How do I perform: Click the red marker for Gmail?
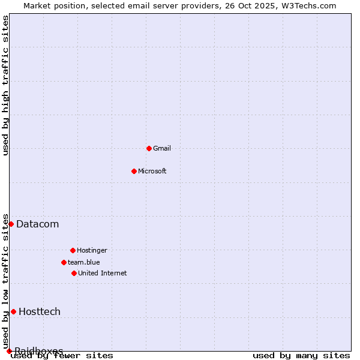pos(149,148)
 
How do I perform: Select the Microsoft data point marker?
pos(134,171)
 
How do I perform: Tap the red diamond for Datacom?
pos(11,224)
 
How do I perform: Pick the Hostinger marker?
pos(73,250)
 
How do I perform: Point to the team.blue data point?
pos(64,262)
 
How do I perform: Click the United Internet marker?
pos(74,273)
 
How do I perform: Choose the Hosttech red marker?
pos(13,311)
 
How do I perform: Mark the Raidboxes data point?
pos(9,351)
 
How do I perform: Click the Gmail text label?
pos(162,148)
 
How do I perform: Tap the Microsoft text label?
pos(152,171)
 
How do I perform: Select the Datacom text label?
pos(37,224)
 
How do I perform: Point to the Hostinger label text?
pos(92,250)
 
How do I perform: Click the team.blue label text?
pos(84,262)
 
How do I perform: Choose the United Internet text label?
pos(103,273)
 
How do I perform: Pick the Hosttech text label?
pos(40,311)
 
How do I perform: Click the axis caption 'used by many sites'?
pos(301,356)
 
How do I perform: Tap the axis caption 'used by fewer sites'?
pos(62,356)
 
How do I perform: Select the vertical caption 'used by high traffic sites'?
pos(6,85)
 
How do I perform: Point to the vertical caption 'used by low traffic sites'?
pos(6,281)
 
